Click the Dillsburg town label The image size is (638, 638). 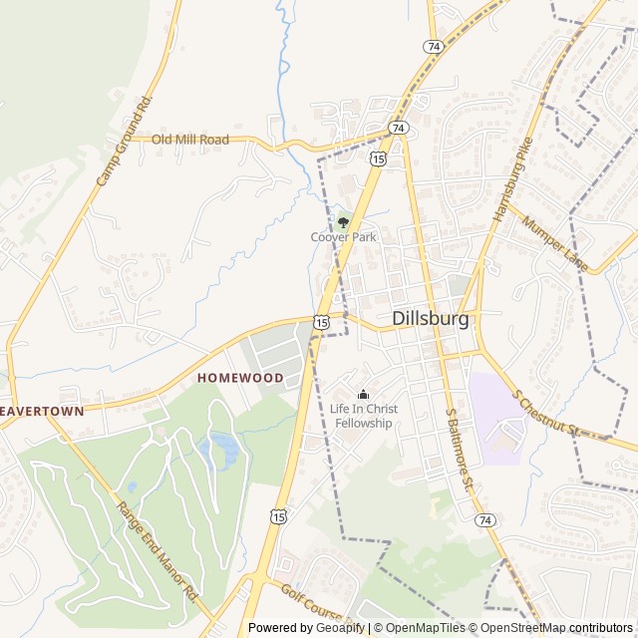(431, 319)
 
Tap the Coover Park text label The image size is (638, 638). (343, 237)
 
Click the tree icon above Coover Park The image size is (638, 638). (343, 221)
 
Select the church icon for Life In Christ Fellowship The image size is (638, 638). (363, 395)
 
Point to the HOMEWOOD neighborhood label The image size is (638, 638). (240, 378)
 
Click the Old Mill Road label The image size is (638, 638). (189, 140)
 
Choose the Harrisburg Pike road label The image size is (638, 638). (513, 178)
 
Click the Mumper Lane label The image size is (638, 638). (554, 245)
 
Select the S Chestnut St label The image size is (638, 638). (546, 411)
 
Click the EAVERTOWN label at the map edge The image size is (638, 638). (41, 410)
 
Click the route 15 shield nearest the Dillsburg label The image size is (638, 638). (321, 321)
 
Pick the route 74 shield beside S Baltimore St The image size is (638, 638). (484, 520)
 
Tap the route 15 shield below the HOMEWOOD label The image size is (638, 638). (278, 515)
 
